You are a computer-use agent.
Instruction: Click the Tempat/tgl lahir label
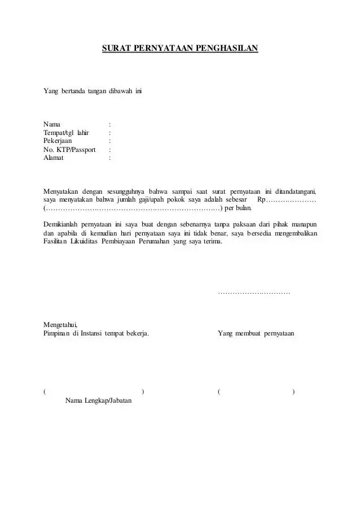pyautogui.click(x=67, y=133)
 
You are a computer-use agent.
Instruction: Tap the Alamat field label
pyautogui.click(x=54, y=158)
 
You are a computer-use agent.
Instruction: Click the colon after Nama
pyautogui.click(x=109, y=124)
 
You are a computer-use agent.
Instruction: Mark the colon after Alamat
pyautogui.click(x=109, y=158)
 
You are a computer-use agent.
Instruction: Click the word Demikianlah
pyautogui.click(x=63, y=224)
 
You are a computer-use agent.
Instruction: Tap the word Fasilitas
pyautogui.click(x=57, y=242)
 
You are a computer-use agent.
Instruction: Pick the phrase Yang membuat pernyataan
pyautogui.click(x=256, y=333)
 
